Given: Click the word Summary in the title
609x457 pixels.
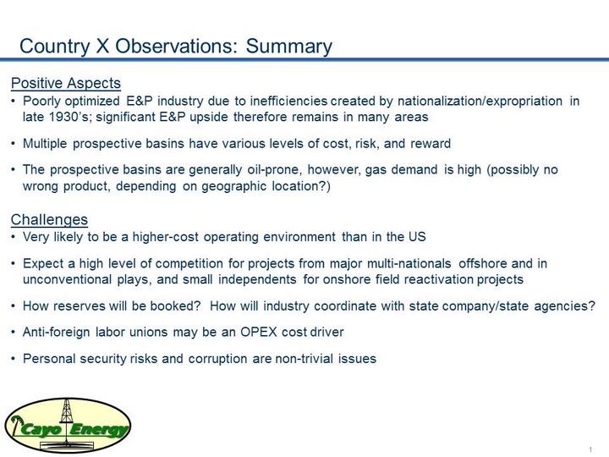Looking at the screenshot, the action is [289, 46].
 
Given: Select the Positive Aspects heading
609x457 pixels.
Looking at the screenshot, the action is [66, 83].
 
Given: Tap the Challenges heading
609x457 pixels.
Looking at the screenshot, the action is [49, 219].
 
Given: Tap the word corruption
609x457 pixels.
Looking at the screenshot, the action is [217, 359].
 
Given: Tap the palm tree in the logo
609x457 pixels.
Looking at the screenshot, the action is [16, 425].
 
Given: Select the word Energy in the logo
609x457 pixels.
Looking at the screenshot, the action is [100, 429].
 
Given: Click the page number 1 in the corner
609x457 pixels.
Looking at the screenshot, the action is [590, 449].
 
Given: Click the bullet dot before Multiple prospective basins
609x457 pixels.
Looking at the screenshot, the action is [14, 144].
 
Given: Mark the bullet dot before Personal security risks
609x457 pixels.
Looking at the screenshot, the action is [14, 359].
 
